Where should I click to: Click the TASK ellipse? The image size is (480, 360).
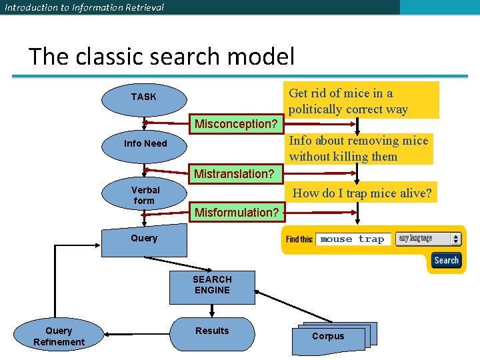click(144, 97)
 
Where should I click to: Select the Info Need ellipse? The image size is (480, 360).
click(145, 143)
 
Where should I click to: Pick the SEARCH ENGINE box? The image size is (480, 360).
click(212, 285)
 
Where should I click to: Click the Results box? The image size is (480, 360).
click(212, 333)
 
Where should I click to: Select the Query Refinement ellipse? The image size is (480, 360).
click(59, 336)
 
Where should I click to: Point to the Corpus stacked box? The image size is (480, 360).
click(329, 337)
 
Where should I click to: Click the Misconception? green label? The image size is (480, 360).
click(236, 124)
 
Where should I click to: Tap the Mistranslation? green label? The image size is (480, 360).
click(234, 174)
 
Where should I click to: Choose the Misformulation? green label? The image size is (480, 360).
click(237, 213)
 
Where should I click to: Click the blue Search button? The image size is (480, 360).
click(446, 260)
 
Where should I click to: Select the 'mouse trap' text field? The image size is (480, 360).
click(352, 239)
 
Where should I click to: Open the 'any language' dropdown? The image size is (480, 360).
click(428, 239)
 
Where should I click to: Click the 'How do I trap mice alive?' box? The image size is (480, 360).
click(362, 193)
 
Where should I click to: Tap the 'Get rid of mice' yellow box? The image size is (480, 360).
click(361, 101)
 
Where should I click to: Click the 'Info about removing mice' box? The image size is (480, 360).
click(359, 149)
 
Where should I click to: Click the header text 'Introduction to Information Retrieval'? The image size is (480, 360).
click(84, 7)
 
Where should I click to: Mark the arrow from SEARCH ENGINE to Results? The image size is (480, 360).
click(212, 310)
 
